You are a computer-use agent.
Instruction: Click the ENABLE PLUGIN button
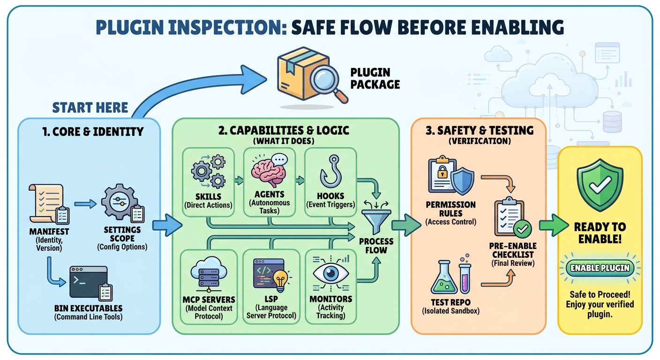click(x=600, y=268)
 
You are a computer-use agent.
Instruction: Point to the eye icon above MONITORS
click(x=331, y=273)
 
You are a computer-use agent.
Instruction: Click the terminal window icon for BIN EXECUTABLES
click(x=89, y=282)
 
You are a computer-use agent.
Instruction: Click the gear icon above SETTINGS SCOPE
click(x=120, y=202)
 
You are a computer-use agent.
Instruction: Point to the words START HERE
click(x=90, y=107)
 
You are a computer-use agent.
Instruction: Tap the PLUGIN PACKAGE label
click(x=375, y=78)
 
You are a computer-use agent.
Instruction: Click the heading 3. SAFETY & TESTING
click(x=480, y=130)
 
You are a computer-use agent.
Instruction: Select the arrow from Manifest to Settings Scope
click(x=85, y=204)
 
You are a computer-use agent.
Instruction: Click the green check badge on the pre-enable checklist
click(x=523, y=229)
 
